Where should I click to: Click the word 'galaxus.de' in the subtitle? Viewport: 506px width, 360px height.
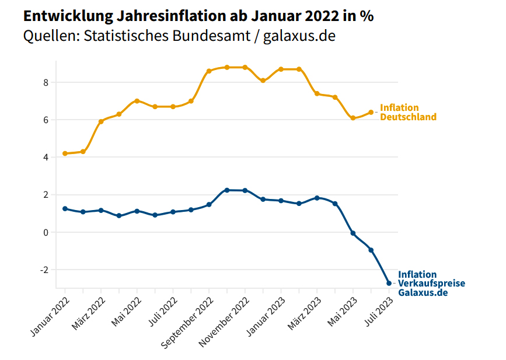click(x=299, y=36)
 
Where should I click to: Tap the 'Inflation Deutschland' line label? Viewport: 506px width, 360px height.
click(x=408, y=112)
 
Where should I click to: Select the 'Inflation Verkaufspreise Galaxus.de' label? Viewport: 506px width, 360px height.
click(x=431, y=283)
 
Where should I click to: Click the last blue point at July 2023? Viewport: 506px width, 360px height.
click(x=389, y=283)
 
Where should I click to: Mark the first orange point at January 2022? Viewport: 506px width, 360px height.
click(x=65, y=153)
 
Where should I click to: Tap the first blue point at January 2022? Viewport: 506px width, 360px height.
click(x=65, y=208)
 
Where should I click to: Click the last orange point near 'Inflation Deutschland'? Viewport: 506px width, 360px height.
click(x=371, y=112)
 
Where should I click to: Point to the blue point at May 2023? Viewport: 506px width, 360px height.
click(x=353, y=233)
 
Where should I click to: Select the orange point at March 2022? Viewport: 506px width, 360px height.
click(x=101, y=121)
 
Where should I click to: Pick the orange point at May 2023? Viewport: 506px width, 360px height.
click(x=353, y=118)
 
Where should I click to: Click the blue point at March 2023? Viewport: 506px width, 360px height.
click(x=317, y=198)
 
